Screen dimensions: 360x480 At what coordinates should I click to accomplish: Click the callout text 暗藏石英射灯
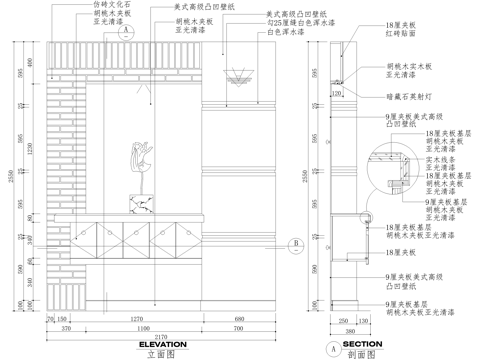[407, 99]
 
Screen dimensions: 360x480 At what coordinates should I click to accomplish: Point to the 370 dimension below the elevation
[64, 327]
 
